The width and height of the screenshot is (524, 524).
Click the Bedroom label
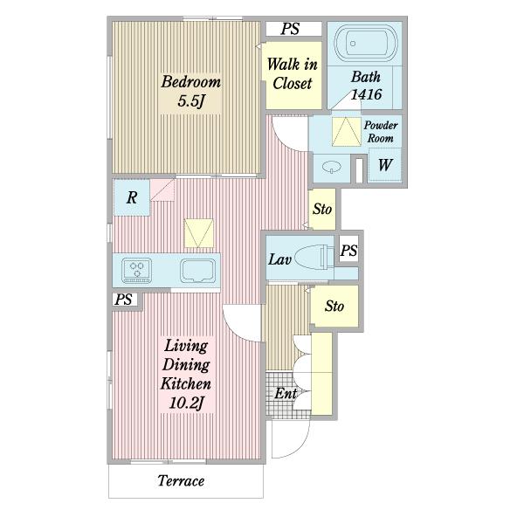(190, 82)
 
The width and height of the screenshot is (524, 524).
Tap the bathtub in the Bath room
(366, 44)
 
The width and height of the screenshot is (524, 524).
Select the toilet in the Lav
(314, 257)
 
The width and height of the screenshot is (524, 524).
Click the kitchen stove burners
(137, 270)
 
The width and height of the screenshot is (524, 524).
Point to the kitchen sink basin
(198, 271)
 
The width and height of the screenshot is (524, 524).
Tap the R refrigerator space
(132, 197)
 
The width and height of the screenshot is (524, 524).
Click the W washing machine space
(384, 165)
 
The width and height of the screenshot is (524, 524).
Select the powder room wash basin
(332, 167)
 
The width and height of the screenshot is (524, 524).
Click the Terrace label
(181, 480)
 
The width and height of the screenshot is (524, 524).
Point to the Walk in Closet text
(292, 73)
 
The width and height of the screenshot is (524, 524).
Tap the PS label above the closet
(290, 29)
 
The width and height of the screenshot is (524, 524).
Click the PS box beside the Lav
(348, 251)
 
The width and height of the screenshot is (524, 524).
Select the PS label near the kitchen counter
(123, 300)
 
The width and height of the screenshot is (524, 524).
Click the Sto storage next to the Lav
(334, 306)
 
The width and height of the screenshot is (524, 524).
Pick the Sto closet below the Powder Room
(322, 209)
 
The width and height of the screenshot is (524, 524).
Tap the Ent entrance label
(286, 393)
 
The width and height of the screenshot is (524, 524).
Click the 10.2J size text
(186, 403)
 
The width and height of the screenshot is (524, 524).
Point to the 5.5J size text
(190, 100)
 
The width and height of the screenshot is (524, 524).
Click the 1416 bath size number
(366, 94)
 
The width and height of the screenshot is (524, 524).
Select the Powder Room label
(381, 132)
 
